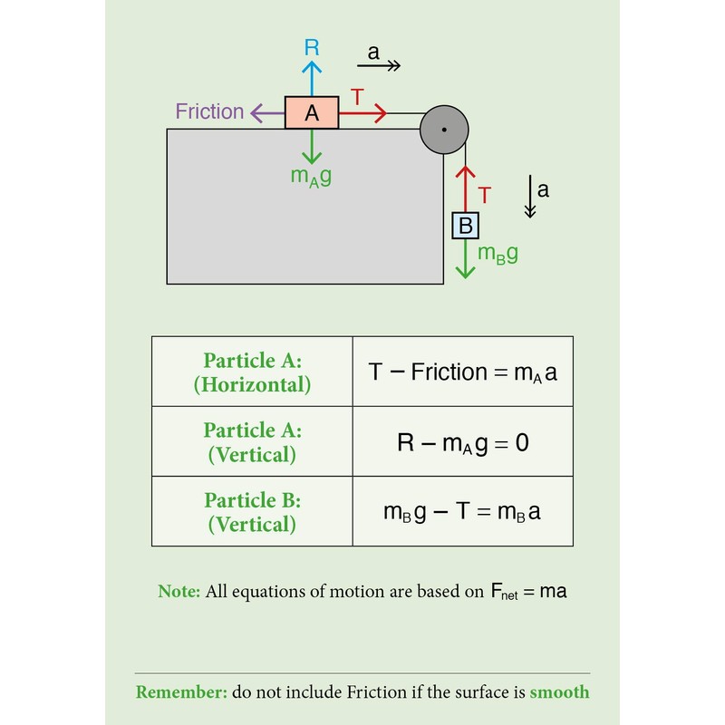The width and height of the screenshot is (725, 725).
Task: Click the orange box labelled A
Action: tap(312, 112)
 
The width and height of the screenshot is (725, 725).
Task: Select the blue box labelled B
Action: tap(465, 224)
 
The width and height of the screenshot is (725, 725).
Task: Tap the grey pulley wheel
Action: tap(444, 130)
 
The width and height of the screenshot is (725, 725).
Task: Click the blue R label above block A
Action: tap(312, 48)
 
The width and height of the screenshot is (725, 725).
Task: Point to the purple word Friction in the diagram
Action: tap(209, 112)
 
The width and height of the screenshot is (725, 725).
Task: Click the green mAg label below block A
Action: tap(311, 177)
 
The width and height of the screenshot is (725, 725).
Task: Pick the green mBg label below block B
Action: tap(498, 254)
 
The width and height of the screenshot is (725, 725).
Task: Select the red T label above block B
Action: tap(485, 195)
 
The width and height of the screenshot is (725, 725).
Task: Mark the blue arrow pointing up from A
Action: tap(312, 78)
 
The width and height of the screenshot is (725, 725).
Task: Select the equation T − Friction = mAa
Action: tap(462, 372)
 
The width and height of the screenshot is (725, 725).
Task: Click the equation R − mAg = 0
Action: tap(462, 442)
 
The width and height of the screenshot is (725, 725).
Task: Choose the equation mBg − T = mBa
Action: tap(462, 511)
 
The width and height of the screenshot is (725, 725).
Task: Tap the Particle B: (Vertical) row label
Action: tap(252, 512)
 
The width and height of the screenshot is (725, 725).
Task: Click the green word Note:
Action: tap(179, 592)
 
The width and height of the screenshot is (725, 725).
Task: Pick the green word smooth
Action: tap(559, 692)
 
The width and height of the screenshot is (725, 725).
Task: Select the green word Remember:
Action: tap(180, 692)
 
